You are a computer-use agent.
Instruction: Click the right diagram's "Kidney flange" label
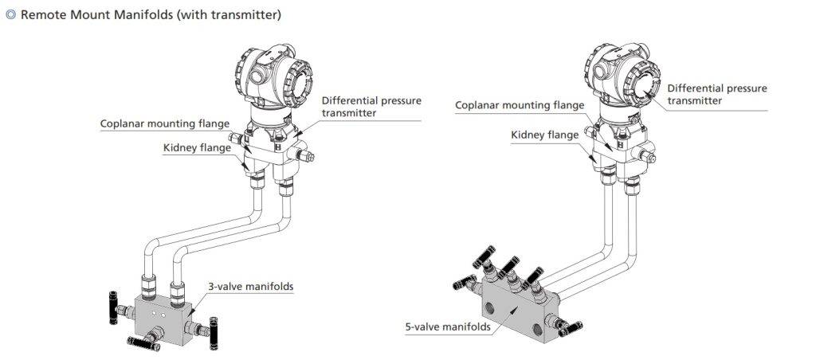[x=544, y=135]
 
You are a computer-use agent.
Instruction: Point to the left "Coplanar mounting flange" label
[x=165, y=123]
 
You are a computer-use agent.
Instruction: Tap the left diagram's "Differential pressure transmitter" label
[x=371, y=107]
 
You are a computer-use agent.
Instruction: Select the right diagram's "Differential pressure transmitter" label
[x=716, y=94]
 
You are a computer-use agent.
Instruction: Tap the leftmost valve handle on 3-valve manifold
[x=112, y=303]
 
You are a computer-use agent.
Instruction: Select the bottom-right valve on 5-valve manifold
[x=570, y=326]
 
